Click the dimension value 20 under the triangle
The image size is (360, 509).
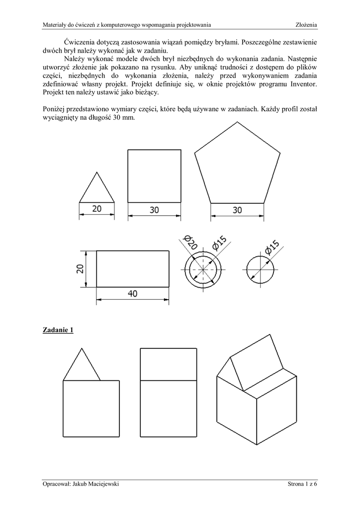point(96,209)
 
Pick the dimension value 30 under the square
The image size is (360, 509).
point(154,210)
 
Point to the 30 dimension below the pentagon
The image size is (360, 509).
point(237,210)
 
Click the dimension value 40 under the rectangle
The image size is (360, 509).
point(132,293)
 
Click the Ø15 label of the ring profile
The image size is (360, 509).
point(219,244)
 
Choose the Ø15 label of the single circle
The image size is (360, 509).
point(272,247)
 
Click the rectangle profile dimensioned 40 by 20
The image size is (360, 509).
point(132,269)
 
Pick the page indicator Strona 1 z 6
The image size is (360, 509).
point(302,484)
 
